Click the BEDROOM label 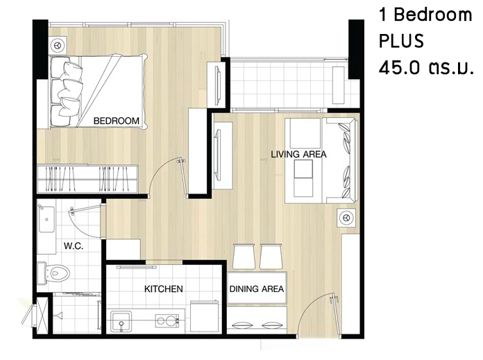pyautogui.click(x=116, y=121)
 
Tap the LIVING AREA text pyautogui.click(x=298, y=154)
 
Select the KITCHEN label pyautogui.click(x=164, y=289)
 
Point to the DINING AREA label pyautogui.click(x=257, y=289)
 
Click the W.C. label pyautogui.click(x=74, y=246)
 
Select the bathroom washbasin pyautogui.click(x=46, y=219)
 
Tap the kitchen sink pyautogui.click(x=121, y=322)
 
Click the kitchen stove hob pyautogui.click(x=167, y=321)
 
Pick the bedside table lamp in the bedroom pyautogui.click(x=58, y=46)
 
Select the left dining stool pyautogui.click(x=244, y=257)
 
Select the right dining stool pyautogui.click(x=271, y=257)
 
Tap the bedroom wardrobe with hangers pyautogui.click(x=87, y=179)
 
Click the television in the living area pyautogui.click(x=218, y=154)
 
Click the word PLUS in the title pyautogui.click(x=401, y=41)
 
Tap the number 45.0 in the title pyautogui.click(x=399, y=68)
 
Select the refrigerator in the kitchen pyautogui.click(x=204, y=316)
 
